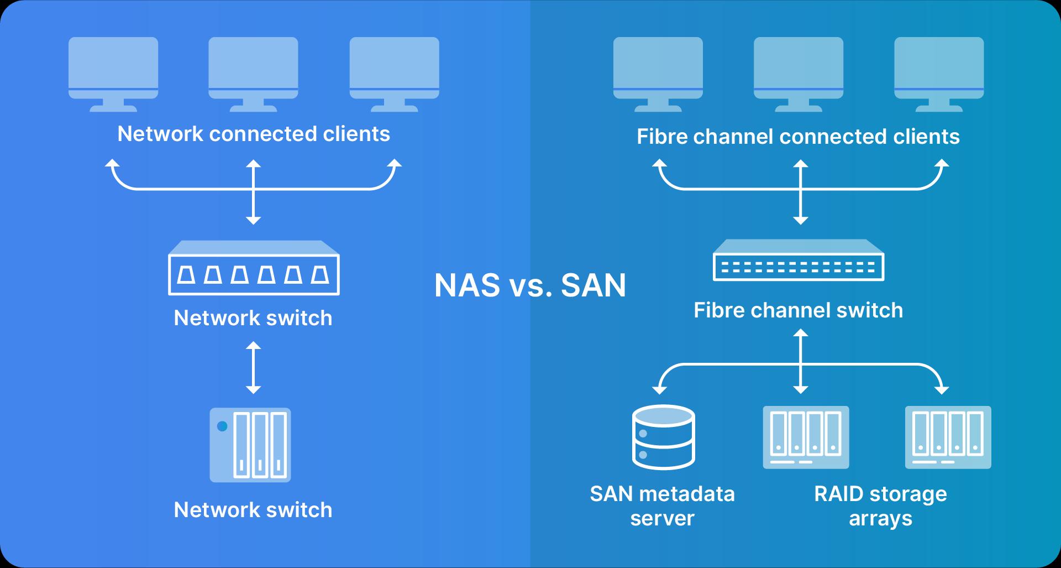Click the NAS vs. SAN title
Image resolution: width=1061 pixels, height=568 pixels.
pyautogui.click(x=530, y=285)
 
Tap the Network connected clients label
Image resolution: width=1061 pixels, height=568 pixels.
pyautogui.click(x=254, y=134)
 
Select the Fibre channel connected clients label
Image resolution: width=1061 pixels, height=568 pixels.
pyautogui.click(x=798, y=137)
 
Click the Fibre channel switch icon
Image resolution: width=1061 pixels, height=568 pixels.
pyautogui.click(x=799, y=260)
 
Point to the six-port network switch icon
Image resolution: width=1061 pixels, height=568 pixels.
pyautogui.click(x=254, y=268)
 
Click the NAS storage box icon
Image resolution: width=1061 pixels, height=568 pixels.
pyautogui.click(x=250, y=445)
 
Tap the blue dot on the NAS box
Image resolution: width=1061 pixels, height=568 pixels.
pyautogui.click(x=222, y=426)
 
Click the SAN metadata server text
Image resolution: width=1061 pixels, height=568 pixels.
pyautogui.click(x=662, y=506)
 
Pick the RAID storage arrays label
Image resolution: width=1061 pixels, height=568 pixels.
pyautogui.click(x=880, y=506)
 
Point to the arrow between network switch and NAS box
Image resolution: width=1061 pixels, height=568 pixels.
pyautogui.click(x=253, y=367)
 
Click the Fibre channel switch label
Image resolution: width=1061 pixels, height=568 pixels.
pyautogui.click(x=798, y=310)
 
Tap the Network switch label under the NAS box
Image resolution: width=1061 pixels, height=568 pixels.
pyautogui.click(x=253, y=510)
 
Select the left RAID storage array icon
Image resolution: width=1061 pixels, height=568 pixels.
pyautogui.click(x=806, y=437)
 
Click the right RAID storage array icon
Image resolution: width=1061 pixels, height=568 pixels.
pyautogui.click(x=948, y=437)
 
